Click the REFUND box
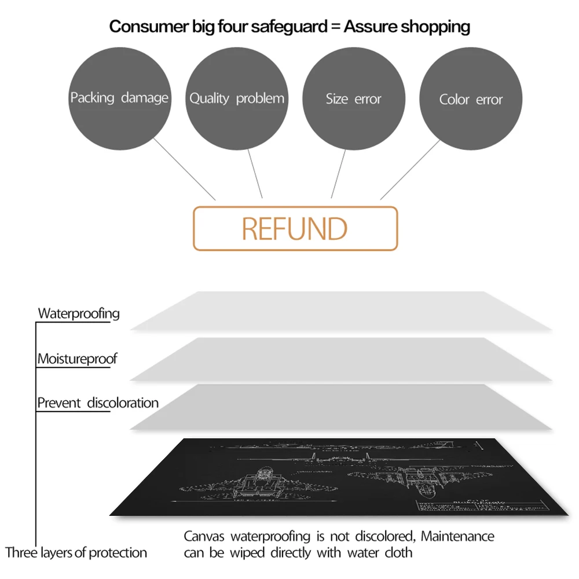[295, 229]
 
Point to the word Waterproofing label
[79, 314]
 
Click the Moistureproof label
[77, 359]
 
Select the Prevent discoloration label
[98, 403]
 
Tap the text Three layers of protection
[76, 552]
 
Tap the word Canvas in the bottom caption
[203, 537]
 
